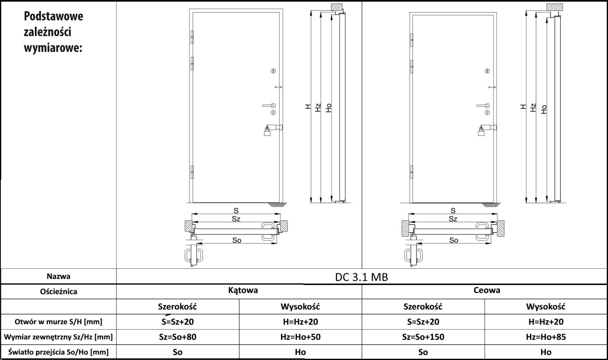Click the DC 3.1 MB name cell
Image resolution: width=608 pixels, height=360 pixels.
point(361,277)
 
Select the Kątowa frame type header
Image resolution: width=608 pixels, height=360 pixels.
point(243,290)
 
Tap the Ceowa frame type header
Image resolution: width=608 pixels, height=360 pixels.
point(487,290)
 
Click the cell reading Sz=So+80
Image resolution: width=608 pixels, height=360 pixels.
point(178,337)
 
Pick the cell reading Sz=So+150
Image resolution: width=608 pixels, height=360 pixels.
point(423,337)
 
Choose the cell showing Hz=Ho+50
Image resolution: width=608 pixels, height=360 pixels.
point(301,337)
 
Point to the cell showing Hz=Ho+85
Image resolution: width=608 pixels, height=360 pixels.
point(546,337)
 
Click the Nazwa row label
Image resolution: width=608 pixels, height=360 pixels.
point(59,276)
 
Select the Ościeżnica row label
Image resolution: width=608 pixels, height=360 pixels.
point(59,291)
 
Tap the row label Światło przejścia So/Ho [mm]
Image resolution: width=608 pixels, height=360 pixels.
point(58,352)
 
